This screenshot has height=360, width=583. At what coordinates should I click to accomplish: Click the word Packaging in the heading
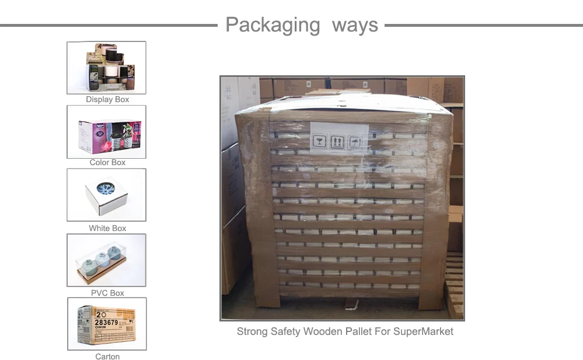point(273,26)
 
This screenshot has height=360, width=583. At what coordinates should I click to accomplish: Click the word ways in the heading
point(355,26)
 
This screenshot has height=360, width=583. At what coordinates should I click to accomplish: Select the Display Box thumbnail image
point(106,68)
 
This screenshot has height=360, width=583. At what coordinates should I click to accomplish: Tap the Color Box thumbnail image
point(106,132)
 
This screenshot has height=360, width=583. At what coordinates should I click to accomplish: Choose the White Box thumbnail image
point(106,195)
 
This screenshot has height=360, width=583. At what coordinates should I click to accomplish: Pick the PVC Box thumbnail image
point(106,260)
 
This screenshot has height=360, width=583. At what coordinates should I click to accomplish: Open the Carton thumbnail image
point(107,324)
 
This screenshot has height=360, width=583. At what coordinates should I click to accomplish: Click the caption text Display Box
point(107,100)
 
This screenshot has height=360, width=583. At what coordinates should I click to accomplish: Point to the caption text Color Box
point(107,163)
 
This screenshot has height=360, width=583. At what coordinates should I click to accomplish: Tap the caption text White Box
point(107,228)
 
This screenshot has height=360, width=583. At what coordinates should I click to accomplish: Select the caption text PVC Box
point(107,293)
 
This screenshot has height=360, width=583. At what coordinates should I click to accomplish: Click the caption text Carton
point(107,356)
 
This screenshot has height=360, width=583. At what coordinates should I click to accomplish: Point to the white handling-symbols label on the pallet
point(338,138)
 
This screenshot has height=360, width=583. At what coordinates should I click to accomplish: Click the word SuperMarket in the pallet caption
point(423,331)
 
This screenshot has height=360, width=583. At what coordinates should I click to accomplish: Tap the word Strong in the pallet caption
point(252,331)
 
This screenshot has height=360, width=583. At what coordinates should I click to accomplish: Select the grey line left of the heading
point(109,26)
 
